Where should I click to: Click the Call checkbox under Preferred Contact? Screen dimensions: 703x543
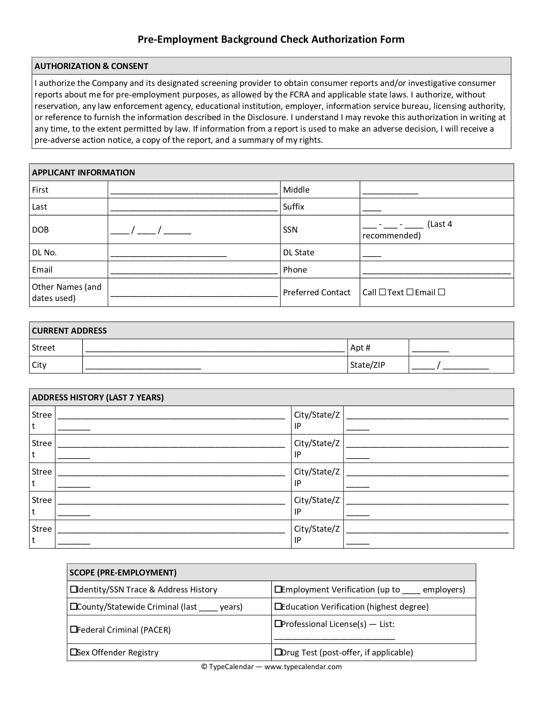(x=382, y=292)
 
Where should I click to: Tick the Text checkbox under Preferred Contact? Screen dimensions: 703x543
(x=409, y=292)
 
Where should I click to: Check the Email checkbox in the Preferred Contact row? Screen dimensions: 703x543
(x=442, y=292)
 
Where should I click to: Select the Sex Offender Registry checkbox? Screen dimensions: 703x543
(x=74, y=652)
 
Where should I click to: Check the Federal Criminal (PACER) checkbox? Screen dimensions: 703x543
(x=74, y=629)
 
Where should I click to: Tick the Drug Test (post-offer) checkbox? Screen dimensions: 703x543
(x=278, y=652)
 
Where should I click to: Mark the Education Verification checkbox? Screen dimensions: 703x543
(x=278, y=606)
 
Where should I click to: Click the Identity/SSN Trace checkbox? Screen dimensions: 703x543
(x=74, y=589)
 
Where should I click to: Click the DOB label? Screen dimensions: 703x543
(x=40, y=230)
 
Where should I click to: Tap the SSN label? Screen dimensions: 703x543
(x=290, y=230)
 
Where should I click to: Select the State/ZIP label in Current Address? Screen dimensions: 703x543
(x=367, y=365)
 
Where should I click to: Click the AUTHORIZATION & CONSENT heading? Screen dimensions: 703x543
(x=91, y=66)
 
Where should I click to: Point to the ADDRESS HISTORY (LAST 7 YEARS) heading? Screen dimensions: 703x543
(x=98, y=398)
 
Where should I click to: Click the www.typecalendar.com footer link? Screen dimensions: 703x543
(x=303, y=667)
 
